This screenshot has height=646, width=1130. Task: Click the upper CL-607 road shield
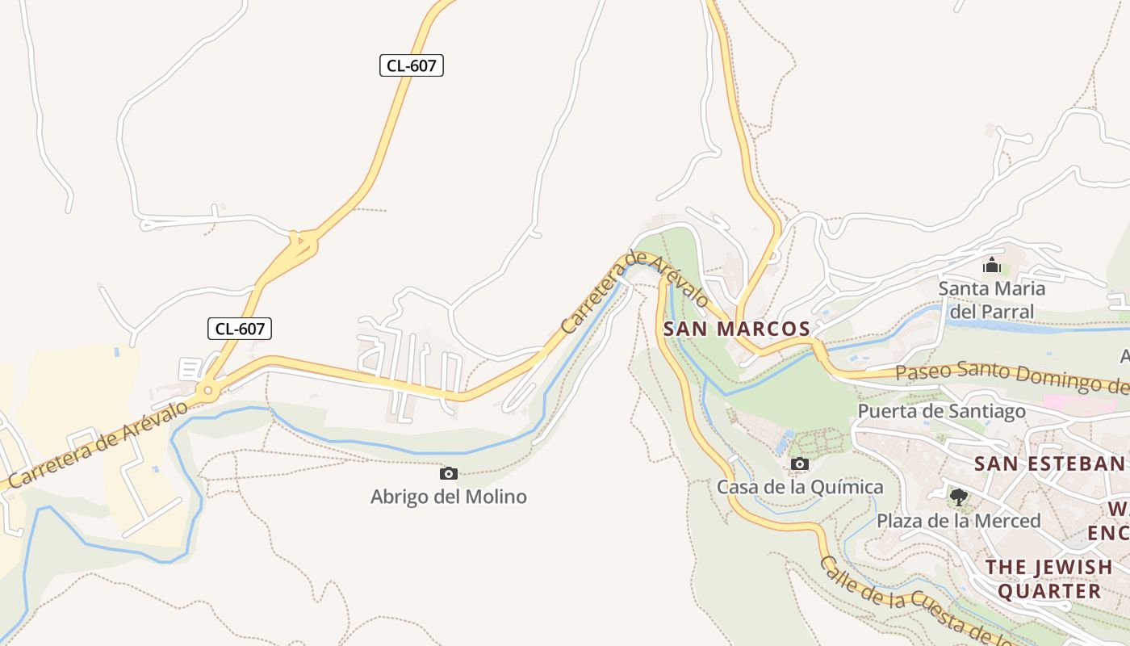click(412, 65)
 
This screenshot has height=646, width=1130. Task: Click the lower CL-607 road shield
click(240, 329)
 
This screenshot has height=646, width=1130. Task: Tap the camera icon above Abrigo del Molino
click(449, 474)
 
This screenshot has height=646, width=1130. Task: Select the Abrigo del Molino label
click(448, 497)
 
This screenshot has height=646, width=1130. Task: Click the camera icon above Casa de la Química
click(800, 464)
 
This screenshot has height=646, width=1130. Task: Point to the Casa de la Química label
click(800, 487)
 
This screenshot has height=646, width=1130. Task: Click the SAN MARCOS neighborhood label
click(736, 329)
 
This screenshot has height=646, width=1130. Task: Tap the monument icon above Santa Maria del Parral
click(992, 265)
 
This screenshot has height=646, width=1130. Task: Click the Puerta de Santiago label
click(941, 411)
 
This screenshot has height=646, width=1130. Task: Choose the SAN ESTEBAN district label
click(1048, 464)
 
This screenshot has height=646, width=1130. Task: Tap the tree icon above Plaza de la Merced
click(958, 497)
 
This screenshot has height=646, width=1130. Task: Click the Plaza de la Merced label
click(959, 521)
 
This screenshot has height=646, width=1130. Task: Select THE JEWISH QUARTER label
click(1049, 578)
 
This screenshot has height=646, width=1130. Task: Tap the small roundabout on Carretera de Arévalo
click(208, 392)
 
